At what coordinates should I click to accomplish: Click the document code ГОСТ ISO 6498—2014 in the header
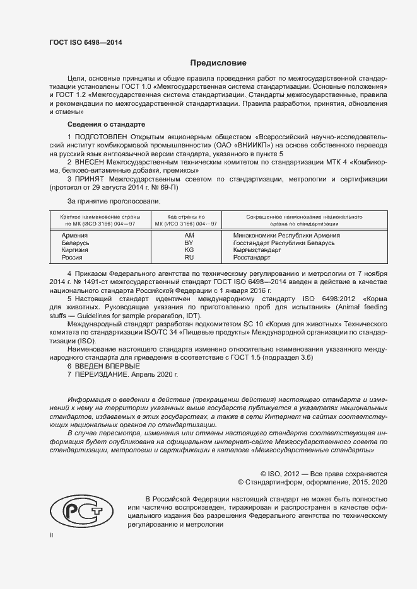[85, 42]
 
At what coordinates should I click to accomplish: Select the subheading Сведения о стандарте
[106, 124]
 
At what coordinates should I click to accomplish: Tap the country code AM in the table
[189, 235]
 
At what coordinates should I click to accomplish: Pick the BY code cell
[189, 243]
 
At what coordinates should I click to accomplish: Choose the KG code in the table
[189, 250]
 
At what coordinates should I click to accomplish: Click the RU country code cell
[189, 258]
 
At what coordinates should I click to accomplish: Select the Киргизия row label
[75, 250]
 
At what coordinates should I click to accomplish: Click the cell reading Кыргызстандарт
[256, 250]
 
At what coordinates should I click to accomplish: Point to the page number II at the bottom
[52, 535]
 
